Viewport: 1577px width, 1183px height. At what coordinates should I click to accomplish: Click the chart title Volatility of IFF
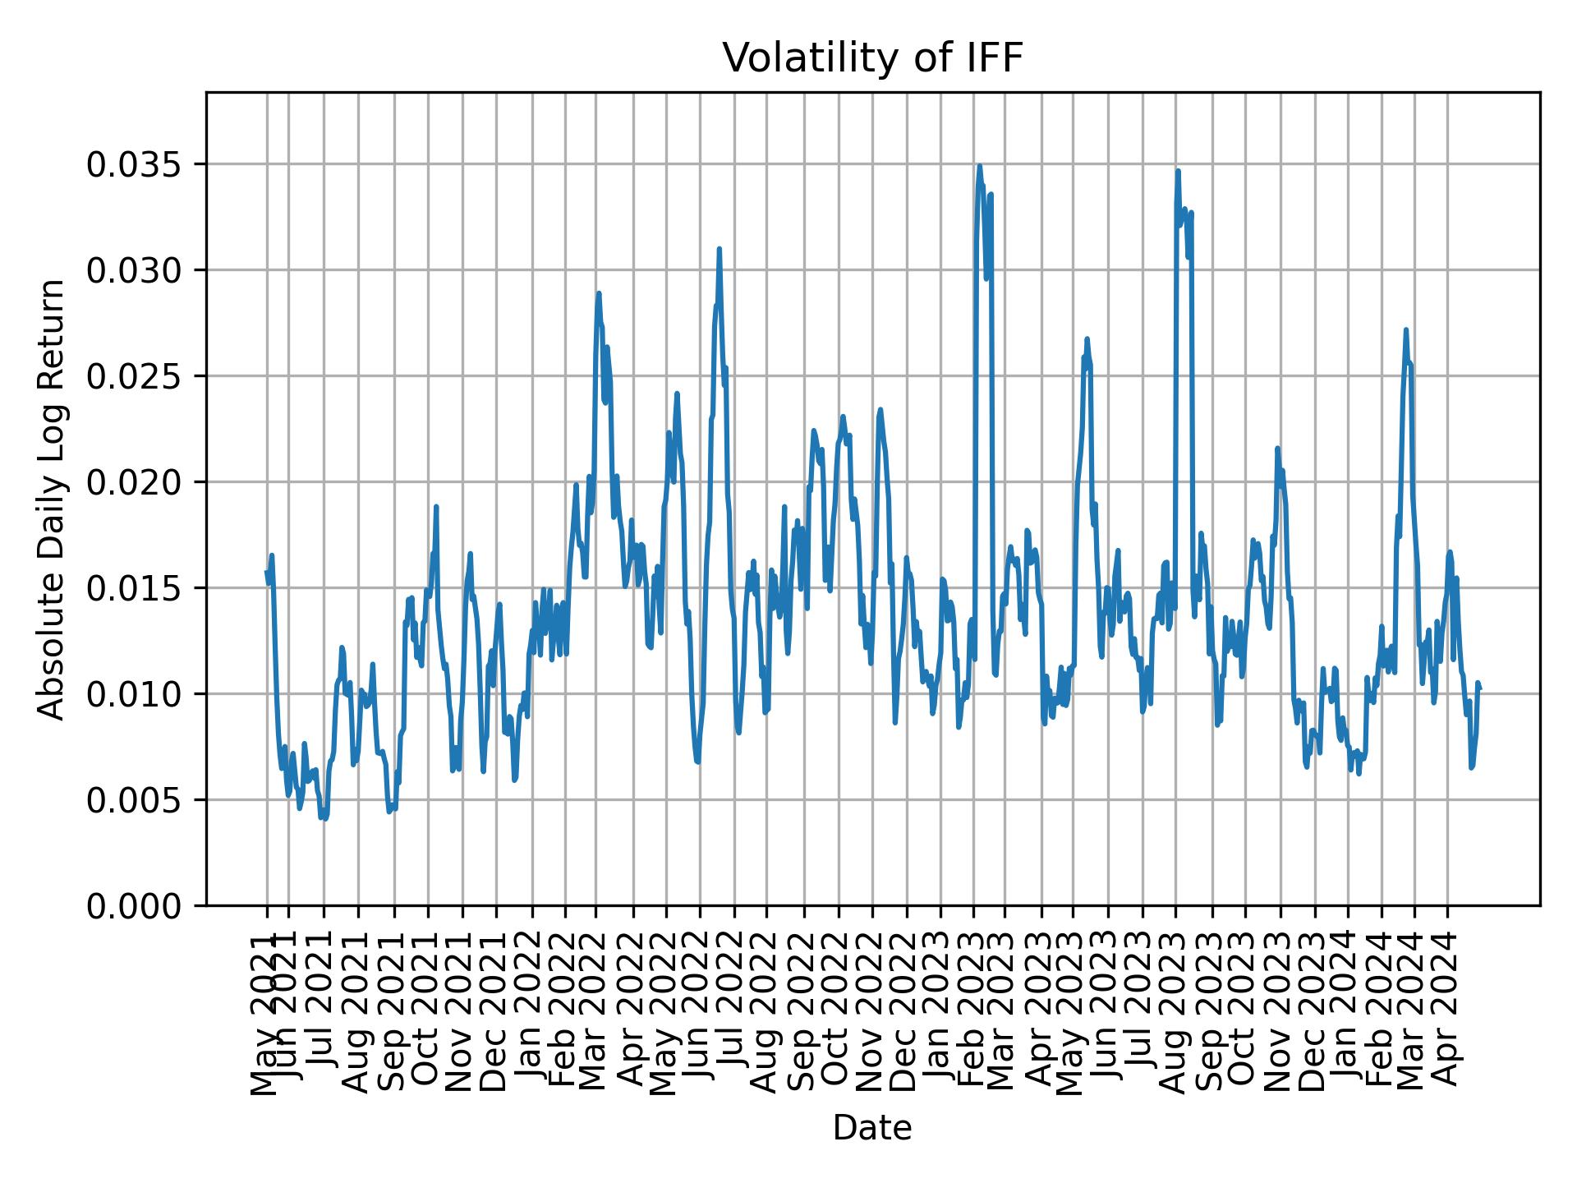(872, 59)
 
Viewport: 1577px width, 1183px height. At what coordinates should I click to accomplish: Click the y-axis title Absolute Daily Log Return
(53, 499)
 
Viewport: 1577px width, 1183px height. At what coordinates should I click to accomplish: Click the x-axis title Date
(872, 1128)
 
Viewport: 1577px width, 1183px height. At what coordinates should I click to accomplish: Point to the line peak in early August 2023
(1178, 171)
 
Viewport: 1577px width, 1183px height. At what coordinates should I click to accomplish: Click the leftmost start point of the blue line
(266, 572)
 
